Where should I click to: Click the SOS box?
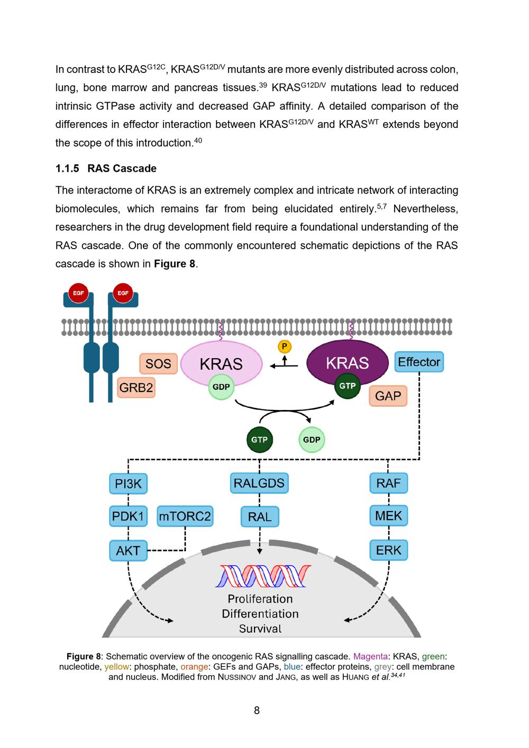pyautogui.click(x=158, y=363)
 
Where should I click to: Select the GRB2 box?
pyautogui.click(x=136, y=388)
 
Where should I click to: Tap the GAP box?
pyautogui.click(x=388, y=396)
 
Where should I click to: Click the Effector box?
pyautogui.click(x=419, y=362)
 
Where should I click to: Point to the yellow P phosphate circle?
pyautogui.click(x=285, y=347)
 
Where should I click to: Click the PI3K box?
pyautogui.click(x=129, y=484)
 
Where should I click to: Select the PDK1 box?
pyautogui.click(x=129, y=516)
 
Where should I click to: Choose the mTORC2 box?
pyautogui.click(x=185, y=516)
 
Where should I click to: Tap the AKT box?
pyautogui.click(x=128, y=551)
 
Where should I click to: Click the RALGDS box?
pyautogui.click(x=259, y=483)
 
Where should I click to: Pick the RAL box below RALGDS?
pyautogui.click(x=259, y=517)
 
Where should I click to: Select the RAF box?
pyautogui.click(x=388, y=483)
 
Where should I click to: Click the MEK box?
pyautogui.click(x=388, y=516)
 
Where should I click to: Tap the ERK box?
pyautogui.click(x=388, y=550)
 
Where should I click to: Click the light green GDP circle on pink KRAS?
pyautogui.click(x=221, y=387)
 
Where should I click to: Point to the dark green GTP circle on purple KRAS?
pyautogui.click(x=348, y=386)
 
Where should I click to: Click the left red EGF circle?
pyautogui.click(x=78, y=293)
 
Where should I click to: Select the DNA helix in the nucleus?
pyautogui.click(x=263, y=576)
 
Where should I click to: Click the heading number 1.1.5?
pyautogui.click(x=67, y=169)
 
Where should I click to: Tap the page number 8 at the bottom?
pyautogui.click(x=257, y=710)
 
